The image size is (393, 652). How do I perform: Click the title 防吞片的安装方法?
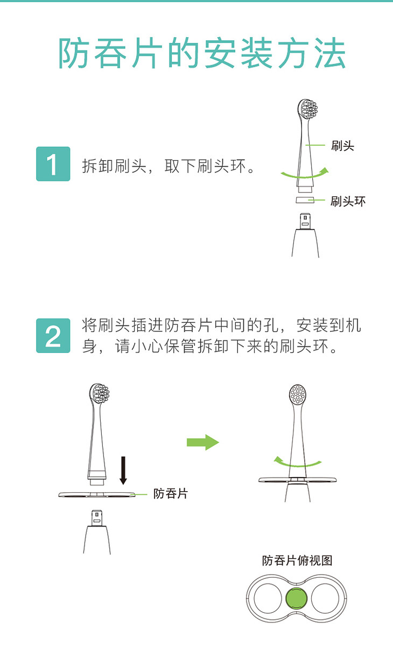click(x=202, y=53)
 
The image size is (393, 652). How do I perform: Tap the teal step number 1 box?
click(x=53, y=164)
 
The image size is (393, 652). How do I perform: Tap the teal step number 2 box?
click(x=53, y=336)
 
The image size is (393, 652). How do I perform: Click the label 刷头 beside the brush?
click(x=342, y=146)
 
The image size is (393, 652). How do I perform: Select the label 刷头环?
click(x=348, y=201)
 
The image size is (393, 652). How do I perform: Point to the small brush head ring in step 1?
click(x=305, y=200)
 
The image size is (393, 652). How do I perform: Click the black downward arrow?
click(x=123, y=470)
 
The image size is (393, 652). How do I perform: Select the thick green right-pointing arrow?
click(x=203, y=442)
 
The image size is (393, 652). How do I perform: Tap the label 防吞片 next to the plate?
click(x=171, y=494)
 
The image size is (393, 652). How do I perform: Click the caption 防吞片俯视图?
click(x=297, y=561)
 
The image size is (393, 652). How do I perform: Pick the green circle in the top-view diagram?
click(x=296, y=598)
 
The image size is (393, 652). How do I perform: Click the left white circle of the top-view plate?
click(x=268, y=598)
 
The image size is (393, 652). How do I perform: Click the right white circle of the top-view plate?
click(x=325, y=598)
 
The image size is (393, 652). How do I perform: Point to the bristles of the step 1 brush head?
click(x=310, y=109)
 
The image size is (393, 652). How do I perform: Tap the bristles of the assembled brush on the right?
click(x=298, y=394)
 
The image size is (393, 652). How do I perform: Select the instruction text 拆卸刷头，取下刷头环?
click(x=169, y=166)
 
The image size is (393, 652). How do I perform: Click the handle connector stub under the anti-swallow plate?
click(x=97, y=518)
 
